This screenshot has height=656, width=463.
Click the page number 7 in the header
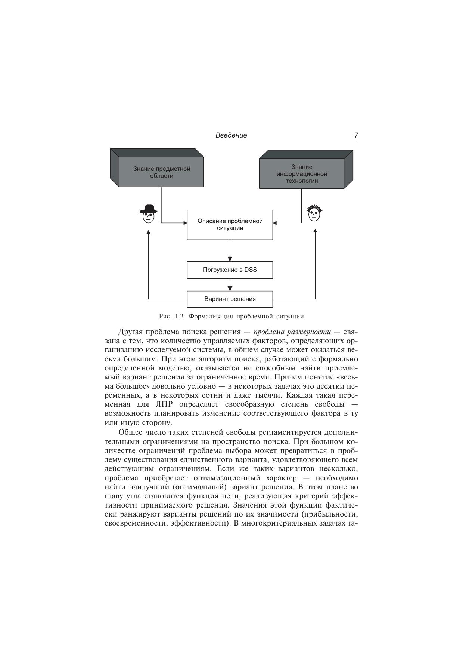coord(356,135)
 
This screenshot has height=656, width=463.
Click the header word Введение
coord(231,135)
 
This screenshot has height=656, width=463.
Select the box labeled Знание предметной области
coord(161,172)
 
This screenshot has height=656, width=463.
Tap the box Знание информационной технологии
coord(302,173)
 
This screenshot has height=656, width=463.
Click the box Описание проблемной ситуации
coord(230,225)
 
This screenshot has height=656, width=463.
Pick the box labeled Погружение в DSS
coord(230,270)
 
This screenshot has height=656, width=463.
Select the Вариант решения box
coord(230,299)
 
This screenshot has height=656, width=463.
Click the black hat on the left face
coord(149,209)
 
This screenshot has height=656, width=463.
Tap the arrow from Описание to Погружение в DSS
coord(230,250)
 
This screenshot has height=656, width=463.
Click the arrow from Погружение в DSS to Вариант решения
coord(230,285)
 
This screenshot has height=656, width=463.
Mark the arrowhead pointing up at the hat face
coord(149,232)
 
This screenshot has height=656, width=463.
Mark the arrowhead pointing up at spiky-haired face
coord(315,231)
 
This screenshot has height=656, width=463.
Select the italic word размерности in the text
coord(312,332)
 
